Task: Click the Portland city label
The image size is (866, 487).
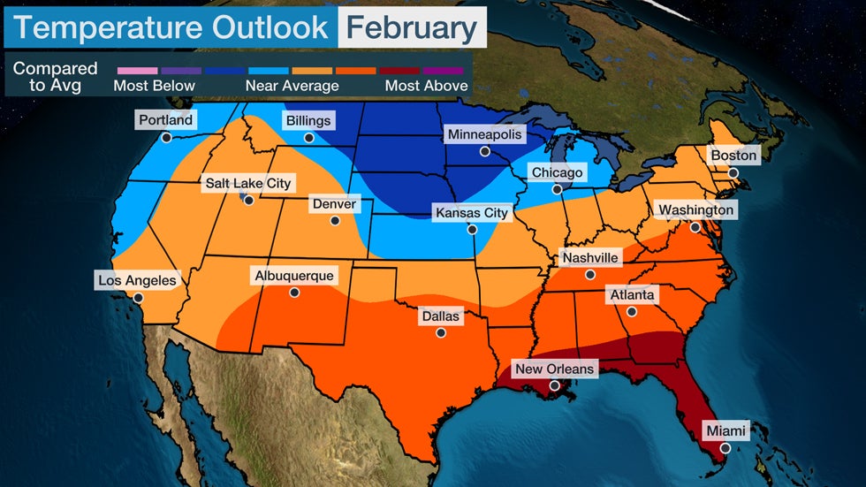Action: [165, 119]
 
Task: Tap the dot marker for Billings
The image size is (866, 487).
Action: [308, 138]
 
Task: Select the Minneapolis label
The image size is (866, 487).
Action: [484, 134]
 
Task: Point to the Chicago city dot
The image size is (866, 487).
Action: [557, 189]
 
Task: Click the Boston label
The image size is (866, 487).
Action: [733, 156]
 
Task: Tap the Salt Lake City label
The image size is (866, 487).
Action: [247, 183]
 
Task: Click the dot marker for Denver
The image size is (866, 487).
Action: [334, 221]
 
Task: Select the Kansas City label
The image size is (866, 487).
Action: [471, 213]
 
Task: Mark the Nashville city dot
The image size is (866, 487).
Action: [589, 275]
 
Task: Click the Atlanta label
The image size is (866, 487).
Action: [631, 294]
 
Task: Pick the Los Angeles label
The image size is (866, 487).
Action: [137, 280]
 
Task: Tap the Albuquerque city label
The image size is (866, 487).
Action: [294, 276]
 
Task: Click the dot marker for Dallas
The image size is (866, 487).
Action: [440, 333]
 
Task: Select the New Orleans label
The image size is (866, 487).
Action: [555, 368]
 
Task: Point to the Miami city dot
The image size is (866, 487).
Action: [725, 448]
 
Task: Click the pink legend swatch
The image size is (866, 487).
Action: [135, 70]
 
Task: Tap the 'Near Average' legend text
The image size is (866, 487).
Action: [292, 86]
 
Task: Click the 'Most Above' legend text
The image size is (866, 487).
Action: [425, 86]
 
